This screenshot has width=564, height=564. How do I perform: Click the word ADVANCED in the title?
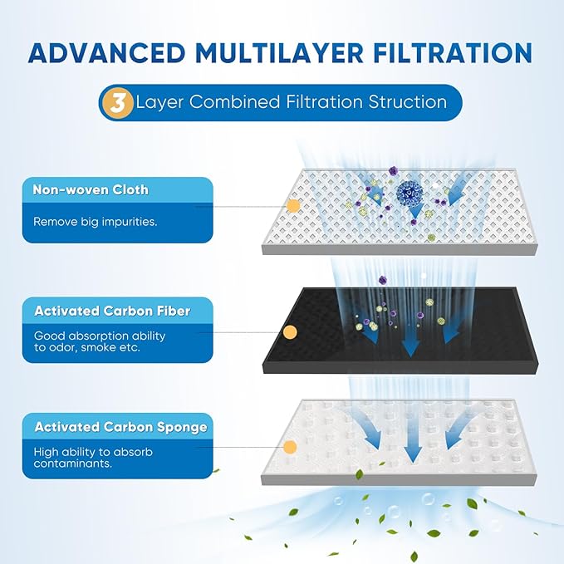(x=106, y=53)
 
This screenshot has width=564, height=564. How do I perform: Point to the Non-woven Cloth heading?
(x=91, y=189)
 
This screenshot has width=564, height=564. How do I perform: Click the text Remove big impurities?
(x=96, y=222)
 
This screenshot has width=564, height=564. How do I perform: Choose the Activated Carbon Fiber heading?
(x=112, y=311)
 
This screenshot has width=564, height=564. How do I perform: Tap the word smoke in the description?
(x=105, y=347)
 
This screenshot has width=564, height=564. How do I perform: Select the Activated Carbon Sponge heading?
(x=121, y=427)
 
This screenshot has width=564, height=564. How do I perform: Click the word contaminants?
(x=73, y=463)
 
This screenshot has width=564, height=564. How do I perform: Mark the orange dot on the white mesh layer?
(x=293, y=206)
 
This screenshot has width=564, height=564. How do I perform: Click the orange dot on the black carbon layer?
(x=290, y=332)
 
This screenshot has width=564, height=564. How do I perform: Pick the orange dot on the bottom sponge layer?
(x=290, y=447)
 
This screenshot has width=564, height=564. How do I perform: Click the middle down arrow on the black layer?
(x=410, y=342)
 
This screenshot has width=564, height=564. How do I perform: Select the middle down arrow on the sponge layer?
(x=413, y=445)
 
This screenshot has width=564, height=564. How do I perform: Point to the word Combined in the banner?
(x=234, y=102)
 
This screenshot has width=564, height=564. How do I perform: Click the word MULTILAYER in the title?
(x=279, y=53)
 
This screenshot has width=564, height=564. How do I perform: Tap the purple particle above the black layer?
(x=383, y=279)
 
